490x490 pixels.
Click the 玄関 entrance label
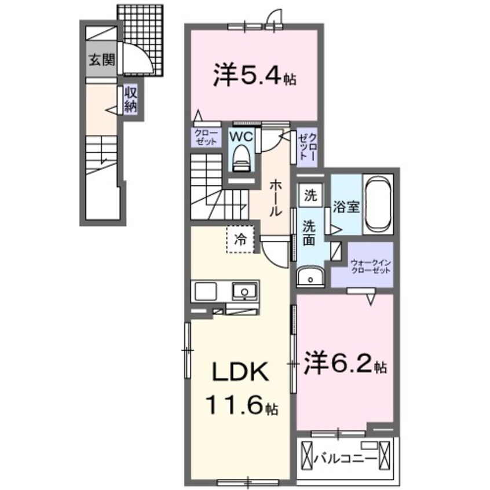(x=101, y=59)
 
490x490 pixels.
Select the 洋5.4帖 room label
(x=253, y=75)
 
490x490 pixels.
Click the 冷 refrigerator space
(x=239, y=239)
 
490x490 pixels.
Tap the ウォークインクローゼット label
(x=370, y=268)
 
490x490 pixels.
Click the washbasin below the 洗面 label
(x=312, y=277)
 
